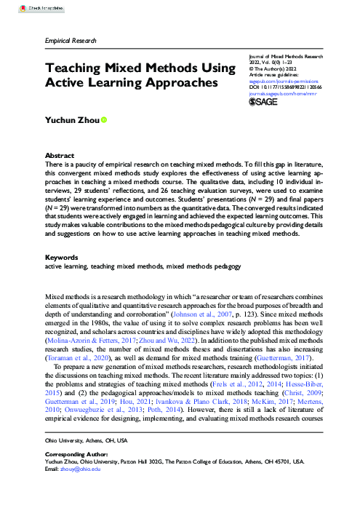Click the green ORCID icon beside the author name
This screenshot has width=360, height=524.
pos(104,119)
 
